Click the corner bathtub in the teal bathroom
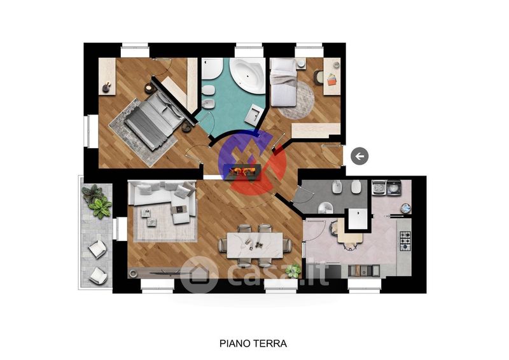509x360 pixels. coord(248,75)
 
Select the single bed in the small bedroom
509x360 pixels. coord(283,83)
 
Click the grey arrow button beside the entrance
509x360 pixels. coord(359,156)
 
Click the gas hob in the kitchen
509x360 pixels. coord(405,241)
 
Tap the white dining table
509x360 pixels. coord(255,245)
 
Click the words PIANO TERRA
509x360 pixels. coord(253,343)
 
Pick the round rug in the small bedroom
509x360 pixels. coord(296,100)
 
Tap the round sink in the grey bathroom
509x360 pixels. coord(325,208)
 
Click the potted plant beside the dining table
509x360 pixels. coord(293,270)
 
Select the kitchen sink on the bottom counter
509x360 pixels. coord(363,270)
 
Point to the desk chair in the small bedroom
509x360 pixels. coord(317,77)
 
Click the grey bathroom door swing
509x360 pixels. coord(303,195)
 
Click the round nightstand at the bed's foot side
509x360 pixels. coord(187,127)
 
